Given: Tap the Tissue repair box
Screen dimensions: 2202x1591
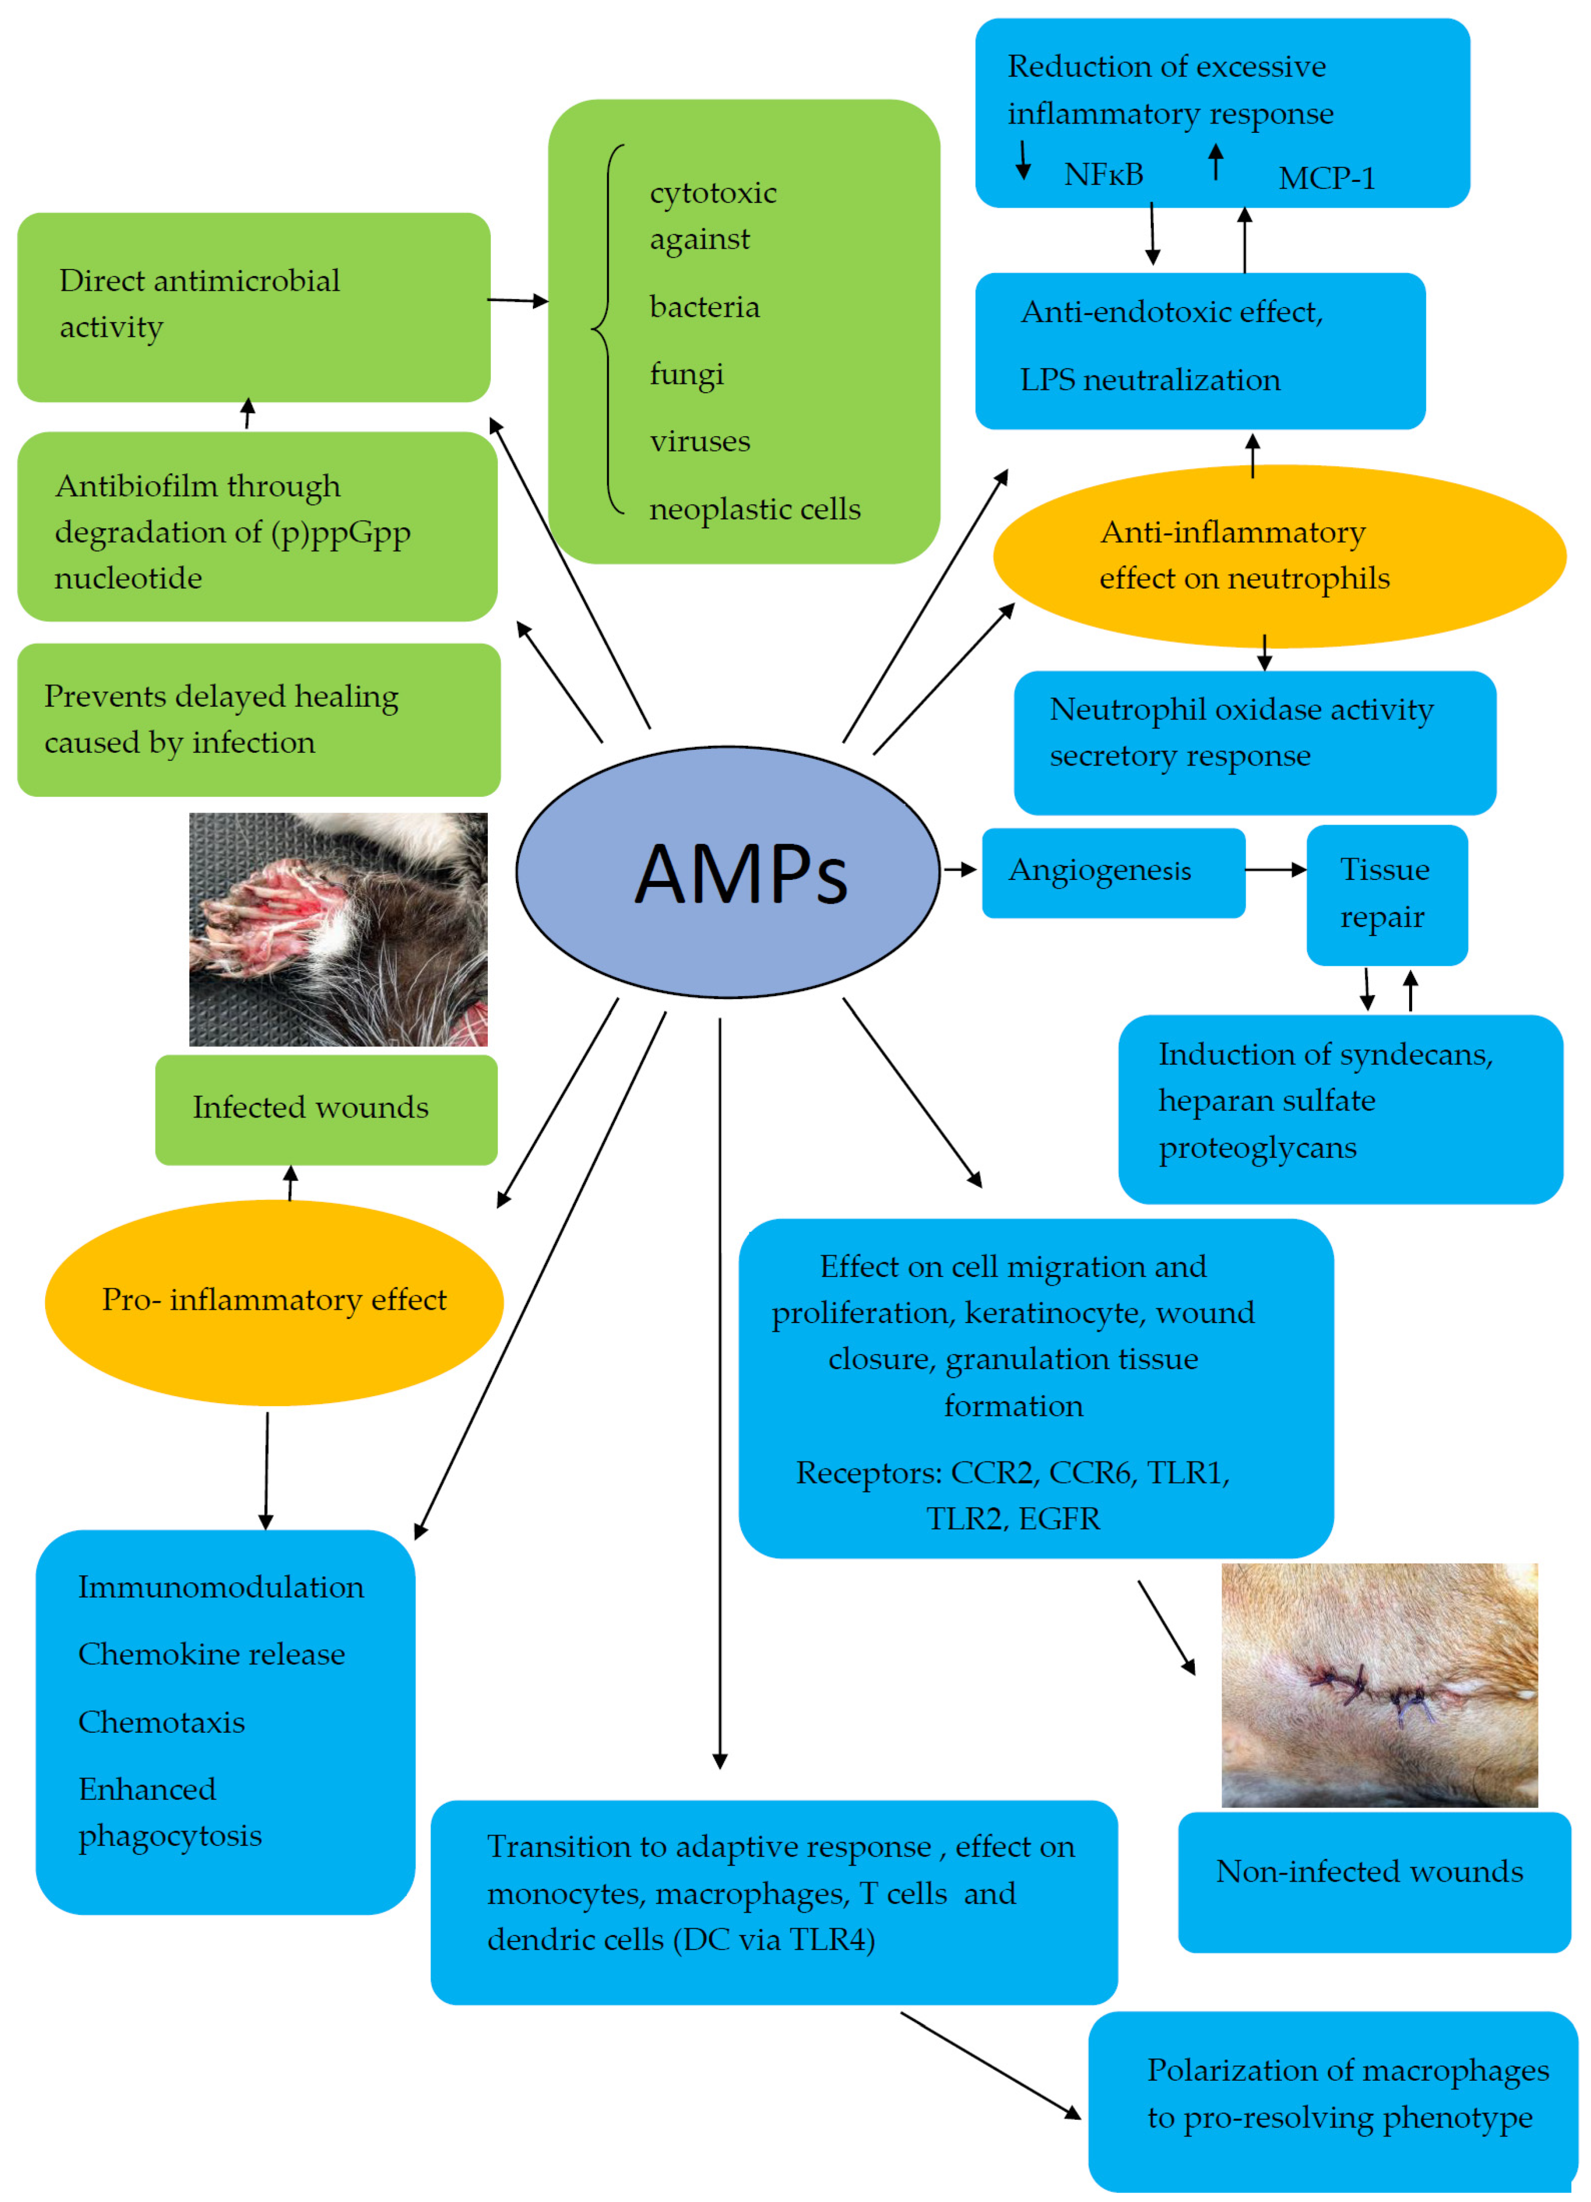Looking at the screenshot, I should (1386, 894).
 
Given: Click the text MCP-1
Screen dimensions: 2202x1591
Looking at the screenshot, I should (1326, 177).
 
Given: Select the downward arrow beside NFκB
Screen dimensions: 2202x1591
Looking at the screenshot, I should (1023, 160).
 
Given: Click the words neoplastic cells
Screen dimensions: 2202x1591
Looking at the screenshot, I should (755, 509).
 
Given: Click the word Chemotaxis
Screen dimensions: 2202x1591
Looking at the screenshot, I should (161, 1721).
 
